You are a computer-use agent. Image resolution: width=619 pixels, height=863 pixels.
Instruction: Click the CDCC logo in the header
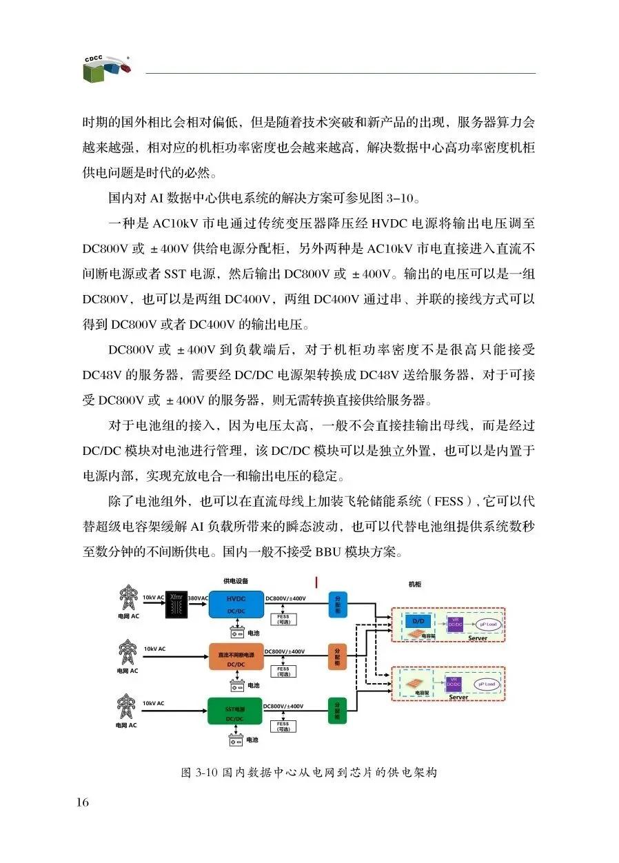point(106,67)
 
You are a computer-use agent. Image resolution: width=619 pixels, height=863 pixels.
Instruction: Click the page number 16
point(83,802)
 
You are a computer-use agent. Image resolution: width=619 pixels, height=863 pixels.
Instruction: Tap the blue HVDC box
point(236,605)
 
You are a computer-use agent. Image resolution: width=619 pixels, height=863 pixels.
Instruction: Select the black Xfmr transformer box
point(176,605)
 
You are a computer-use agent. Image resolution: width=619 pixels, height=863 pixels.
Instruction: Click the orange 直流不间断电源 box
point(236,657)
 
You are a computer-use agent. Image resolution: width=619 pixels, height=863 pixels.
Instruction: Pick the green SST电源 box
point(236,711)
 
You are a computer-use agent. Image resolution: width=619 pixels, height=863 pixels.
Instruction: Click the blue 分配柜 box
point(337,605)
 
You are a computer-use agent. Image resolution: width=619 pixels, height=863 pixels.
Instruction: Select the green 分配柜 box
point(337,710)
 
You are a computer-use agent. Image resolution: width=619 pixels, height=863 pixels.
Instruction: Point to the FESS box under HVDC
point(283,619)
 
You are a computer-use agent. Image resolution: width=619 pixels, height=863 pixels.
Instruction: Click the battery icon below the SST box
point(236,740)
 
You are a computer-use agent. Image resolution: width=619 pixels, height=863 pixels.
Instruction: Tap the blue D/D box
point(417,620)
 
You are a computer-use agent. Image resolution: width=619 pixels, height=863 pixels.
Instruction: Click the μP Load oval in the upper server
point(487,624)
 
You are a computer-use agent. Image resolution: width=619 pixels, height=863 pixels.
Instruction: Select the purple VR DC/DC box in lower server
point(454,684)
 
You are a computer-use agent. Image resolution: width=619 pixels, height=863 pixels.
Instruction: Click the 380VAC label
point(198,598)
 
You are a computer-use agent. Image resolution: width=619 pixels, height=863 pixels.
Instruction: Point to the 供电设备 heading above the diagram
point(236,580)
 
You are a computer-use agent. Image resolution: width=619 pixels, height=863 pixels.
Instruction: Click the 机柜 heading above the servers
point(414,585)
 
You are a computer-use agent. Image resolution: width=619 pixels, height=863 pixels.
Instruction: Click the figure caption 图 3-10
point(309,773)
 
